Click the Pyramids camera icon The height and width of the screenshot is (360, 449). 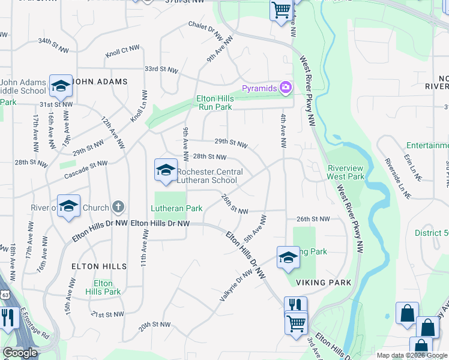(x=285, y=88)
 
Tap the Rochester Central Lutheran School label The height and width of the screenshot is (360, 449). (x=209, y=176)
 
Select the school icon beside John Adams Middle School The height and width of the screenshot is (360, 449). (x=61, y=86)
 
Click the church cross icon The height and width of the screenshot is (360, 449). (x=118, y=208)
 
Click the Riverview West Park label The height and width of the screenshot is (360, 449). (x=346, y=172)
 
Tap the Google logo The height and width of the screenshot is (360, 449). (x=20, y=353)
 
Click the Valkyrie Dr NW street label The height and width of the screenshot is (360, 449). (x=235, y=284)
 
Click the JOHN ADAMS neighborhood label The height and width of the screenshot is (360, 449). (x=100, y=81)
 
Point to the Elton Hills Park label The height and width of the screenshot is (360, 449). (x=103, y=287)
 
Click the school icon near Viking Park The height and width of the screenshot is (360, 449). (x=288, y=257)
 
